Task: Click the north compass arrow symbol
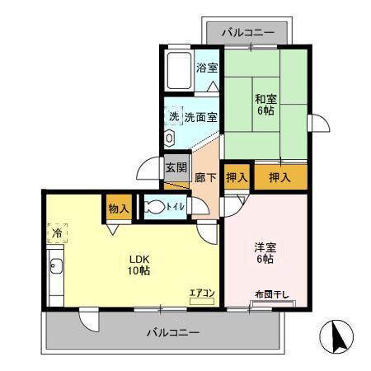point(336,336)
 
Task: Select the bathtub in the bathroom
point(178,72)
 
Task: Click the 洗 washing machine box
point(173,116)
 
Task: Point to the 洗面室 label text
point(200,117)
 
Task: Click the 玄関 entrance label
point(176,167)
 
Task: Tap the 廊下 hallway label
point(205,176)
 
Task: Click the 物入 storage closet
point(118,209)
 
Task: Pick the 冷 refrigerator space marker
point(57,234)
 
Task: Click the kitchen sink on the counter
point(56,267)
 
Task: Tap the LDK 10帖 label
point(138,264)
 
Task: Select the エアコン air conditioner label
point(202,293)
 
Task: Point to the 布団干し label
point(270,295)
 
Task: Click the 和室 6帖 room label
point(265,105)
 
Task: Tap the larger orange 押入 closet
point(279,176)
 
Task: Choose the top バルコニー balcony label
point(247,34)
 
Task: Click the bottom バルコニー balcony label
point(173,333)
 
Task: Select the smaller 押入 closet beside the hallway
point(237,176)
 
